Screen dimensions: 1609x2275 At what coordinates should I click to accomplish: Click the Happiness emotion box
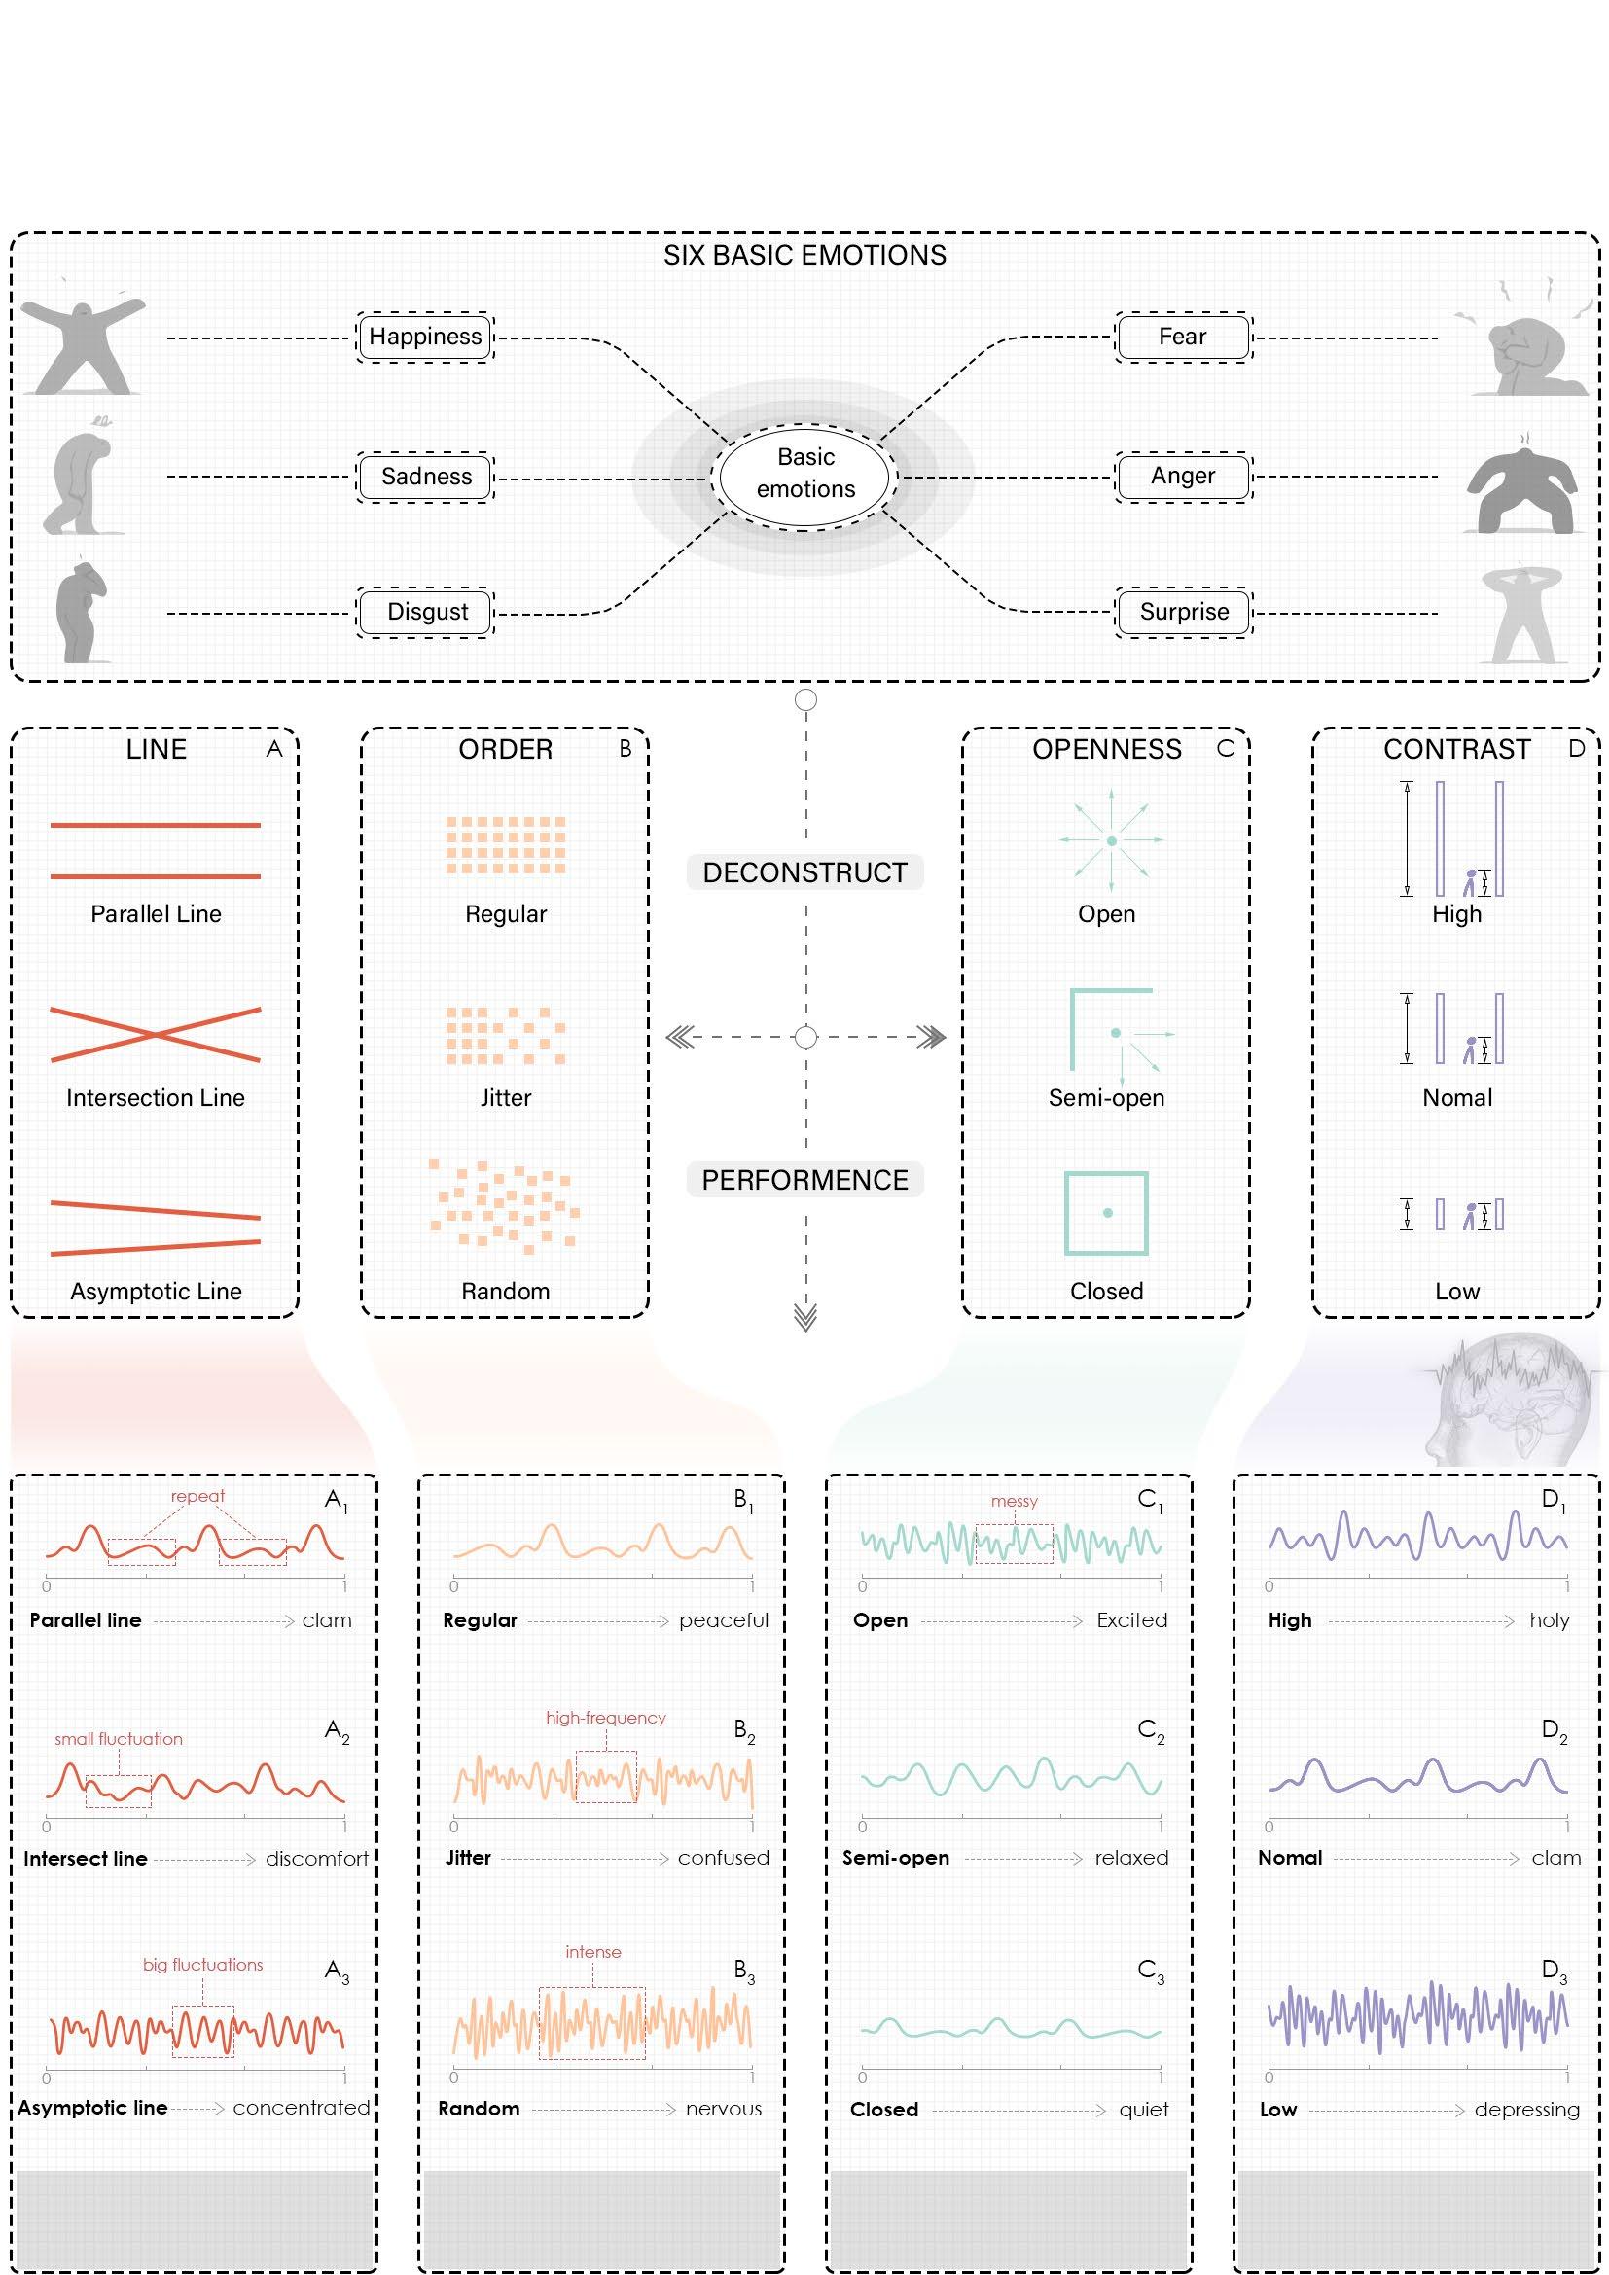pyautogui.click(x=425, y=337)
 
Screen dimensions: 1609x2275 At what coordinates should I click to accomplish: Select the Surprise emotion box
pyautogui.click(x=1184, y=612)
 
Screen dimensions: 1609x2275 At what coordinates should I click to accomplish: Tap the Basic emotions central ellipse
pyautogui.click(x=804, y=474)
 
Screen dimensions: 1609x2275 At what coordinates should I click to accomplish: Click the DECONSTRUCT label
pyautogui.click(x=804, y=871)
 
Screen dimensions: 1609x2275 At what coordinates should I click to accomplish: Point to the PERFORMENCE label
pyautogui.click(x=804, y=1179)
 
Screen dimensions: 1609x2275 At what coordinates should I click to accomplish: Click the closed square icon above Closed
pyautogui.click(x=1106, y=1213)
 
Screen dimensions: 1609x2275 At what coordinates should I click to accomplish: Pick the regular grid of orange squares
pyautogui.click(x=505, y=844)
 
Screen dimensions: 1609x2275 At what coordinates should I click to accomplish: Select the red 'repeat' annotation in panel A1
pyautogui.click(x=197, y=1496)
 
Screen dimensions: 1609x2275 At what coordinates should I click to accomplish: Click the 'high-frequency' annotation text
pyautogui.click(x=605, y=1717)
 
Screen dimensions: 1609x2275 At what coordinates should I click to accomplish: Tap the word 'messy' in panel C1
pyautogui.click(x=1014, y=1501)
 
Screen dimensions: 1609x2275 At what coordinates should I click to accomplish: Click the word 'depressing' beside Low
pyautogui.click(x=1525, y=2110)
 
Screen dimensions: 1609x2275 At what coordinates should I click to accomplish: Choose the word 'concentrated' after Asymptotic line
pyautogui.click(x=302, y=2108)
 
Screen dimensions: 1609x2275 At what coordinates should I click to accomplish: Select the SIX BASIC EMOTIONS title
pyautogui.click(x=804, y=256)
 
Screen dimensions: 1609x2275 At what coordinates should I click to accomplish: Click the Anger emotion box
pyautogui.click(x=1183, y=476)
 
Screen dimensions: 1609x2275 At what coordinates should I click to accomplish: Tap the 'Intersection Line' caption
pyautogui.click(x=156, y=1098)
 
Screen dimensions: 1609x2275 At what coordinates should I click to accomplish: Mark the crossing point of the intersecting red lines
pyautogui.click(x=156, y=1035)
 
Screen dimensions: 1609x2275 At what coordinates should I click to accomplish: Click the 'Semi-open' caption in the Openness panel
pyautogui.click(x=1107, y=1098)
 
